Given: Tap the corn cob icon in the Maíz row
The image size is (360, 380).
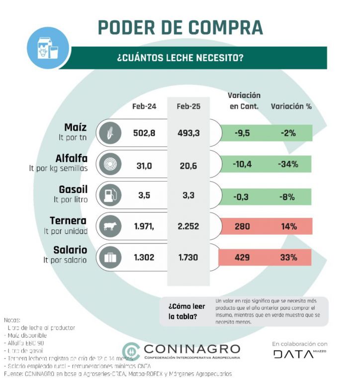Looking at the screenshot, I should (x=110, y=133).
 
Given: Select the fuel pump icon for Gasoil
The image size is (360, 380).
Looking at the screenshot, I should (x=110, y=195).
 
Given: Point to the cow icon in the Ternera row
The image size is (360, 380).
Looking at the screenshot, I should (x=110, y=226).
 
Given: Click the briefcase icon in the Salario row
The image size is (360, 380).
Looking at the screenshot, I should (x=110, y=258).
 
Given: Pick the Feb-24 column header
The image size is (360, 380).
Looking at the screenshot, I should (x=144, y=106).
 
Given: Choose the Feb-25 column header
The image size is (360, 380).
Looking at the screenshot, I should (x=188, y=106).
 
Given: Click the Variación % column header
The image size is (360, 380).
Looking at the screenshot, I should (x=291, y=106).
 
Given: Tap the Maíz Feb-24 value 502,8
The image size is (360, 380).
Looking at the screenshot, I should (x=145, y=133).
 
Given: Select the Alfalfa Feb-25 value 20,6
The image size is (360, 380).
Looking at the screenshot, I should (x=188, y=164).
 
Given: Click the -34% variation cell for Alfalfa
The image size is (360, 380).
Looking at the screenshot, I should (x=288, y=164).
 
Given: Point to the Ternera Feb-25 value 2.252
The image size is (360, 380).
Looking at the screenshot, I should (x=188, y=226).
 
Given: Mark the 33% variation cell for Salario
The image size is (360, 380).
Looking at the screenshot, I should (x=288, y=258).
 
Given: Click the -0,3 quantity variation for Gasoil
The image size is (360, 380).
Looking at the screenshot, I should (x=242, y=195).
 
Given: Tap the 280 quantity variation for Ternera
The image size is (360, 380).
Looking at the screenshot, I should (x=242, y=226).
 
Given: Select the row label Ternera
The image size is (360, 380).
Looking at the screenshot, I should (x=69, y=220).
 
